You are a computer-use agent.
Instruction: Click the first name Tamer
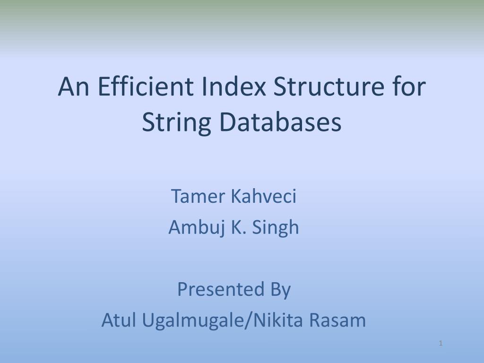pyautogui.click(x=198, y=196)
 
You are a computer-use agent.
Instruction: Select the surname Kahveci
pyautogui.click(x=264, y=196)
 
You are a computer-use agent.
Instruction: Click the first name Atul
pyautogui.click(x=118, y=320)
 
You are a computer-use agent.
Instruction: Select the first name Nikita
pyautogui.click(x=279, y=320)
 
